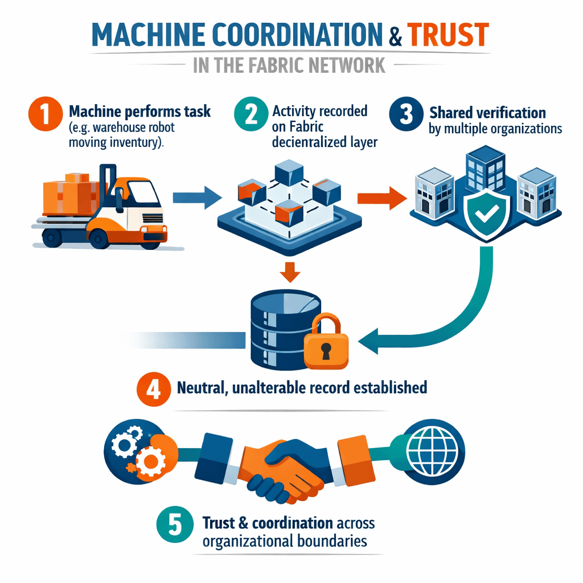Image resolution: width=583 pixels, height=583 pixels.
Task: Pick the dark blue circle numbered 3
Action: coord(405,113)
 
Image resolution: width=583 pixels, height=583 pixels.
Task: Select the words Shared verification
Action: coord(487,112)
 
